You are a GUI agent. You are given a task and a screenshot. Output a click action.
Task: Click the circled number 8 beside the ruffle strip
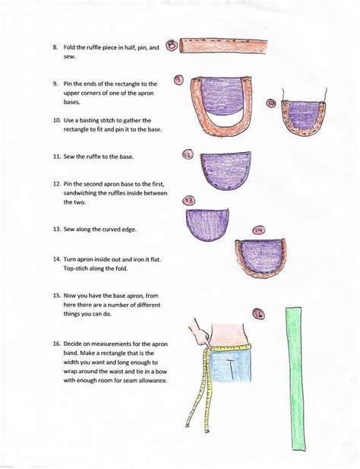[x=172, y=45]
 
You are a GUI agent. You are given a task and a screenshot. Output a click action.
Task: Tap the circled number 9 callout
[x=178, y=79]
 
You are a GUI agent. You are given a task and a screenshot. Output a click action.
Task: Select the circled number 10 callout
[x=270, y=103]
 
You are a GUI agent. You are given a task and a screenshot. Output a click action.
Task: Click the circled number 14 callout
[x=258, y=229]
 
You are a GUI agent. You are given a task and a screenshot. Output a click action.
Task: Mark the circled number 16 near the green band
[x=258, y=312]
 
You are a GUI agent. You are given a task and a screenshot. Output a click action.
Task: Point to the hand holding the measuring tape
[x=199, y=333]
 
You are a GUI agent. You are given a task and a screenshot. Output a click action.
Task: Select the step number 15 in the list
[x=56, y=294]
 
